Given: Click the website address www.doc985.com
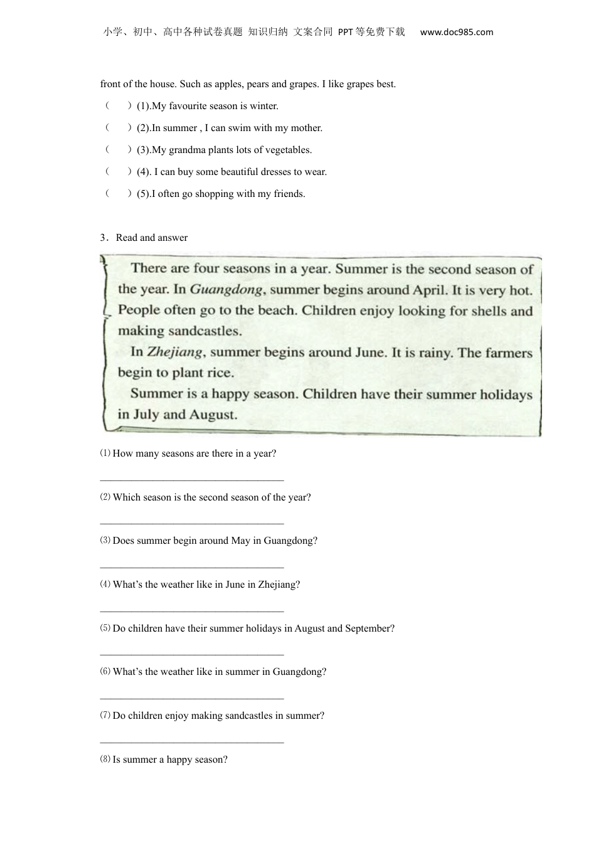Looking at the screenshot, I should tap(456, 32).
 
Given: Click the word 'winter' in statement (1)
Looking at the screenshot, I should tap(263, 106).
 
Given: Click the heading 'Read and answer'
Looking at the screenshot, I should tap(151, 238).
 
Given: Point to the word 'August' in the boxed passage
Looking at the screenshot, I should tap(209, 415).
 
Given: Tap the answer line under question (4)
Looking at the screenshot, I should tap(192, 611).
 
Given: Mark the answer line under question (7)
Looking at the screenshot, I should tap(192, 742).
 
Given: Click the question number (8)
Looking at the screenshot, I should tap(105, 760).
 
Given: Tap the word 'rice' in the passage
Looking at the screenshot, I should tap(220, 373).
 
